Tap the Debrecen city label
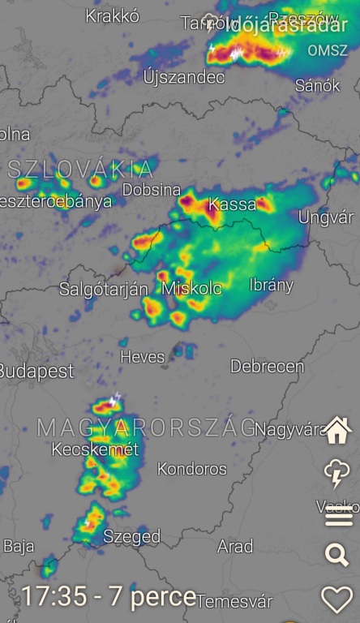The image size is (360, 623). [267, 367]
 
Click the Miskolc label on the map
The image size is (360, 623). [192, 289]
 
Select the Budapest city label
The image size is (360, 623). [36, 372]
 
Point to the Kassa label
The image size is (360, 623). [233, 205]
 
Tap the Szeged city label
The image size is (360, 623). [132, 536]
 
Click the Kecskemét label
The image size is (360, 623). [95, 449]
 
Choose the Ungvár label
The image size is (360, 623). [326, 217]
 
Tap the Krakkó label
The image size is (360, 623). [113, 16]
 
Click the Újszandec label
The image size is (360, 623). [184, 78]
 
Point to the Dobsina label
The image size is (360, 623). [152, 190]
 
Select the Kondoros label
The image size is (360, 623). [192, 469]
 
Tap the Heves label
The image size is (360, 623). [142, 357]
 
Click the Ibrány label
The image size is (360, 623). [272, 286]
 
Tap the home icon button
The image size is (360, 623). [337, 431]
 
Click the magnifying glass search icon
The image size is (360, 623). [336, 555]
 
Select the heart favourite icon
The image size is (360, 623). [337, 599]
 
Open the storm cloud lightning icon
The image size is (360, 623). [336, 472]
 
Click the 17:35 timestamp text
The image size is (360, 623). [54, 597]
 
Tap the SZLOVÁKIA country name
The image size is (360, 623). [80, 170]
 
